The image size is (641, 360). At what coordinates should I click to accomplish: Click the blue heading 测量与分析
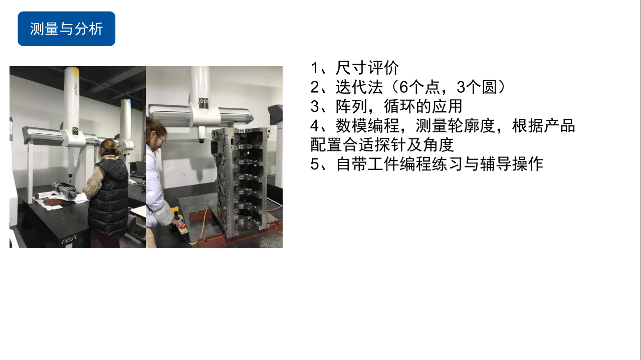point(66,29)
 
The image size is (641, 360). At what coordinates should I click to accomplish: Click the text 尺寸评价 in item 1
point(367,68)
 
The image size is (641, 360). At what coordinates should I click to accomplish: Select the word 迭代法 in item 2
point(359,87)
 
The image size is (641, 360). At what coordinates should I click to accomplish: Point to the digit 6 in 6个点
point(403,87)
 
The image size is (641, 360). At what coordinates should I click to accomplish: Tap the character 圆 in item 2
point(489,87)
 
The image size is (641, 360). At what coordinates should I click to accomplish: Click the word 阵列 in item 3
point(351,106)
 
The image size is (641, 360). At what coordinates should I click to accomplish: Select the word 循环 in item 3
point(399,106)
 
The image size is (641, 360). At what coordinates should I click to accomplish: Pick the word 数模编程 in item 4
point(367,126)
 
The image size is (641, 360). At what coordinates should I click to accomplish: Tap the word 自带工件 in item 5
point(367,164)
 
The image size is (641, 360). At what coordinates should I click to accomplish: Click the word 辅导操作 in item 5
point(511,164)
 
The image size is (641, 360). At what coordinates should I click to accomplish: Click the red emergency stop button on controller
point(182,226)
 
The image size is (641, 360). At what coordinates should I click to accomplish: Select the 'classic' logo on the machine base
point(69,239)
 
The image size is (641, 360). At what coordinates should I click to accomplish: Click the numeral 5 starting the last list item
point(315,164)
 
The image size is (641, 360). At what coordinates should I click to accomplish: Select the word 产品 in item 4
point(559,126)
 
